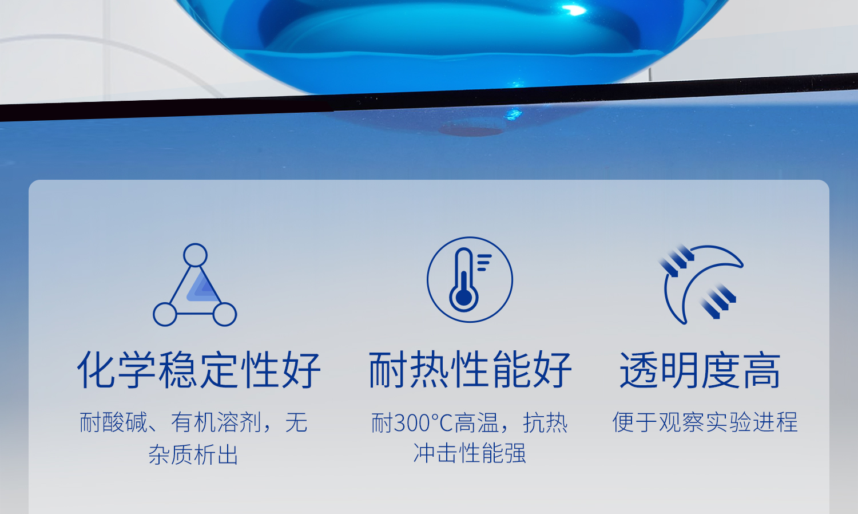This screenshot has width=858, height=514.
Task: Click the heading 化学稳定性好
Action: pyautogui.click(x=199, y=370)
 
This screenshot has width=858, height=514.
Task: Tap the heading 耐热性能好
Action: pyautogui.click(x=470, y=370)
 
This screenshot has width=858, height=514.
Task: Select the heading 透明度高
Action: pyautogui.click(x=700, y=370)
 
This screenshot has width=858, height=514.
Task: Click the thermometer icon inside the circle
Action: pyautogui.click(x=464, y=279)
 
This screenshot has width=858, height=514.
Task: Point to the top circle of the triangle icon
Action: pyautogui.click(x=196, y=255)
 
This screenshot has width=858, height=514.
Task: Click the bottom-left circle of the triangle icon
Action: pyautogui.click(x=165, y=314)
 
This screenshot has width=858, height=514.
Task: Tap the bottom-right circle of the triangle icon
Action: pyautogui.click(x=225, y=314)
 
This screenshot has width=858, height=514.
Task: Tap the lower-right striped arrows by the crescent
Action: pyautogui.click(x=718, y=301)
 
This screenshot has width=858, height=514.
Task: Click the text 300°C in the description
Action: pyautogui.click(x=423, y=423)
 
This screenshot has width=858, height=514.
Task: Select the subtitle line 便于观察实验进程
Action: pyautogui.click(x=705, y=422)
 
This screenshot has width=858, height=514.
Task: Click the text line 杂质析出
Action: pyautogui.click(x=193, y=454)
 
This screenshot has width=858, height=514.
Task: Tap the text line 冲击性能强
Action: pyautogui.click(x=470, y=453)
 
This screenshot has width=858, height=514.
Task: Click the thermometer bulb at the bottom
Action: pyautogui.click(x=464, y=298)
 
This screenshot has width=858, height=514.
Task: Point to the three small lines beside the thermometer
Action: pyautogui.click(x=484, y=262)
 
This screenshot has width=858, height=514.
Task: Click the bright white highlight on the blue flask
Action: pyautogui.click(x=573, y=10)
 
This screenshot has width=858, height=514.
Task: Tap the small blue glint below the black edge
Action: pyautogui.click(x=513, y=113)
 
